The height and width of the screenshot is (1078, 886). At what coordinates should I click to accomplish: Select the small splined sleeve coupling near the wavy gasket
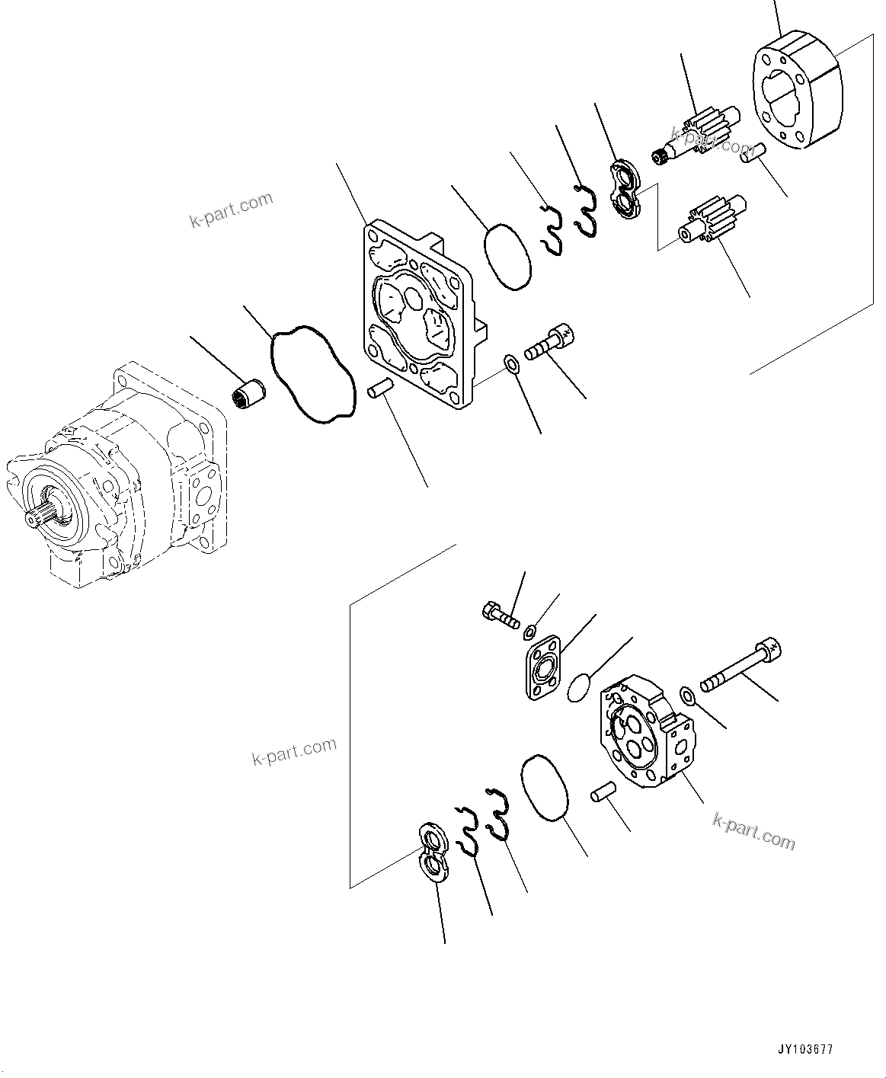[248, 394]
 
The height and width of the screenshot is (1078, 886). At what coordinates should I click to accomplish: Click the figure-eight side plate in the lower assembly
[434, 851]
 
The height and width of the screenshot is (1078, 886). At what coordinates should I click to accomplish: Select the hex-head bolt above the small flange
[500, 614]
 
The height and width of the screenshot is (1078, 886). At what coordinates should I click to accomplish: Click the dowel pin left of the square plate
[379, 388]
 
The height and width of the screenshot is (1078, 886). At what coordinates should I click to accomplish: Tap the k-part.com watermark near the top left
[232, 210]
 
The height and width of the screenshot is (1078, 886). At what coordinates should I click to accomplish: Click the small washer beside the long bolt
[686, 695]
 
